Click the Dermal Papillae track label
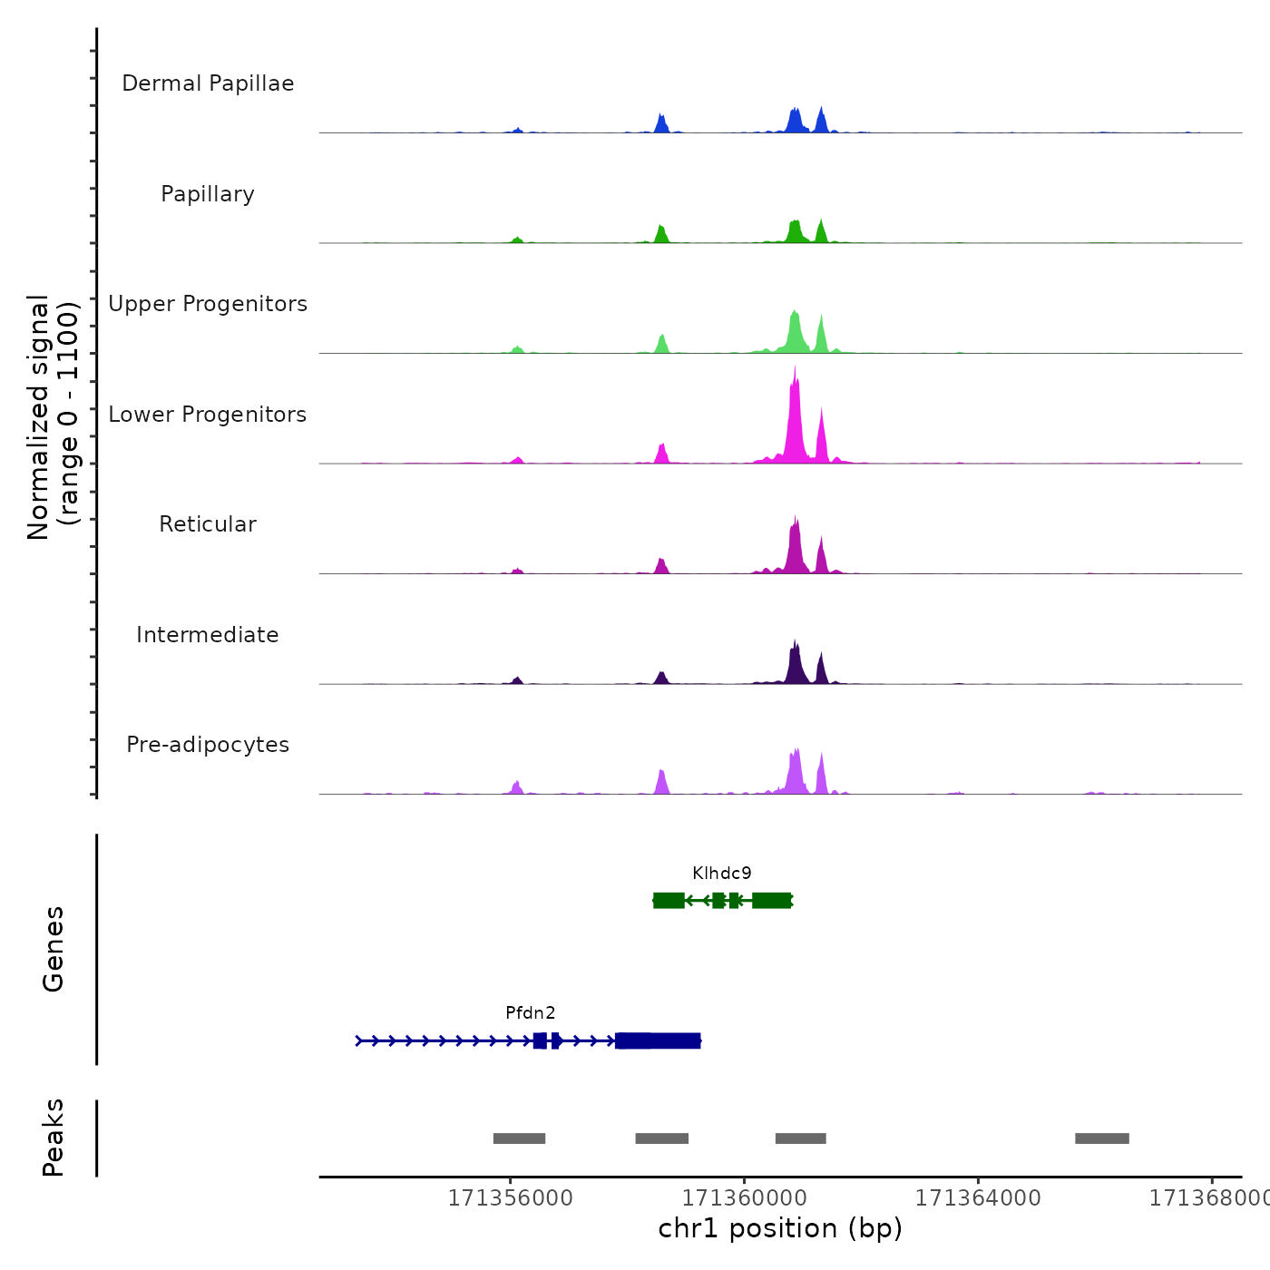[x=208, y=83]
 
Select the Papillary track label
[x=208, y=194]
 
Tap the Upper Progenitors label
[x=208, y=304]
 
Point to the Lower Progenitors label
[x=208, y=415]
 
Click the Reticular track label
[x=208, y=524]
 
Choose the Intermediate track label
[x=208, y=635]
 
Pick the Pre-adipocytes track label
[x=208, y=745]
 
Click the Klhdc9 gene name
[x=722, y=874]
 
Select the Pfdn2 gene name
[x=531, y=1013]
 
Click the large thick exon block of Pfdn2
[x=658, y=1040]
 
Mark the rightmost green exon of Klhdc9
[x=771, y=900]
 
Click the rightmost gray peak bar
[x=1102, y=1138]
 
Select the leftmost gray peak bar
[x=519, y=1138]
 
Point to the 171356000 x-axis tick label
[x=511, y=1198]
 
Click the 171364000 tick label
[x=978, y=1198]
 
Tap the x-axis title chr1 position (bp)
[x=780, y=1228]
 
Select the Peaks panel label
[x=53, y=1138]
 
